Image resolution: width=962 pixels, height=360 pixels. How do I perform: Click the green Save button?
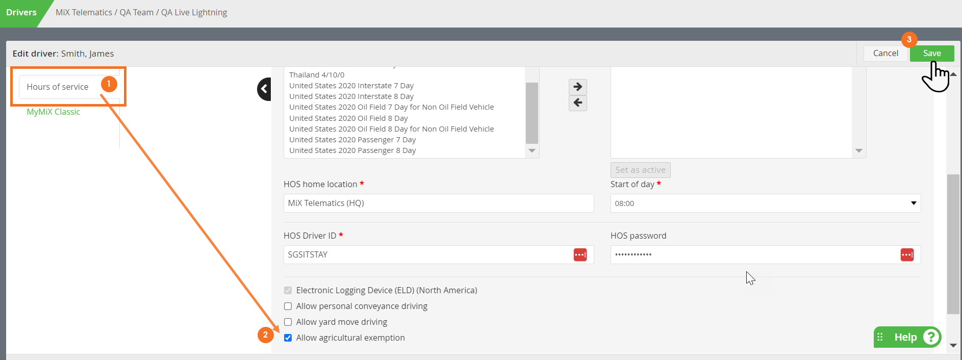coord(931,54)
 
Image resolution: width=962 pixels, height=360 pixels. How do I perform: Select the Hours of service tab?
coord(58,87)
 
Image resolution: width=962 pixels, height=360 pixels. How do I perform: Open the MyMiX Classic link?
coord(54,112)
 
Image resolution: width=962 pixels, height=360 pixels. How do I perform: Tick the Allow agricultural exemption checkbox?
coord(288,338)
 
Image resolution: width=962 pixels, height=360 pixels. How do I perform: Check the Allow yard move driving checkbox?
coord(288,322)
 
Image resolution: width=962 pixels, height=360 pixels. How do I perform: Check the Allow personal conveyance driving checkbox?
coord(288,306)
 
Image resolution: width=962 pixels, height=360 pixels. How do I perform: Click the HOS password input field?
coord(755,254)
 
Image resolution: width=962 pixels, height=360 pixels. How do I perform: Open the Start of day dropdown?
coord(766,203)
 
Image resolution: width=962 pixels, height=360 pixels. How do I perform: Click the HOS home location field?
coord(439,203)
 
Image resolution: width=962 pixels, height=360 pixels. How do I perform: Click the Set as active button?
coord(640,170)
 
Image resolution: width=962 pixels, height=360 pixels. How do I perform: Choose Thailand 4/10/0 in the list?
coord(317,75)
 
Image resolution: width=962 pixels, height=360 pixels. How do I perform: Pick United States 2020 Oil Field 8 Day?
coord(348,118)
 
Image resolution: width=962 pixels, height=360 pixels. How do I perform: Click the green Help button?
coord(907,337)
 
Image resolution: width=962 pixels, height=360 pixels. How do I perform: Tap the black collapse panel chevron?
coord(264,89)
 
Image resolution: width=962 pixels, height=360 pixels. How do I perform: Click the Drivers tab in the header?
coord(21,13)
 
